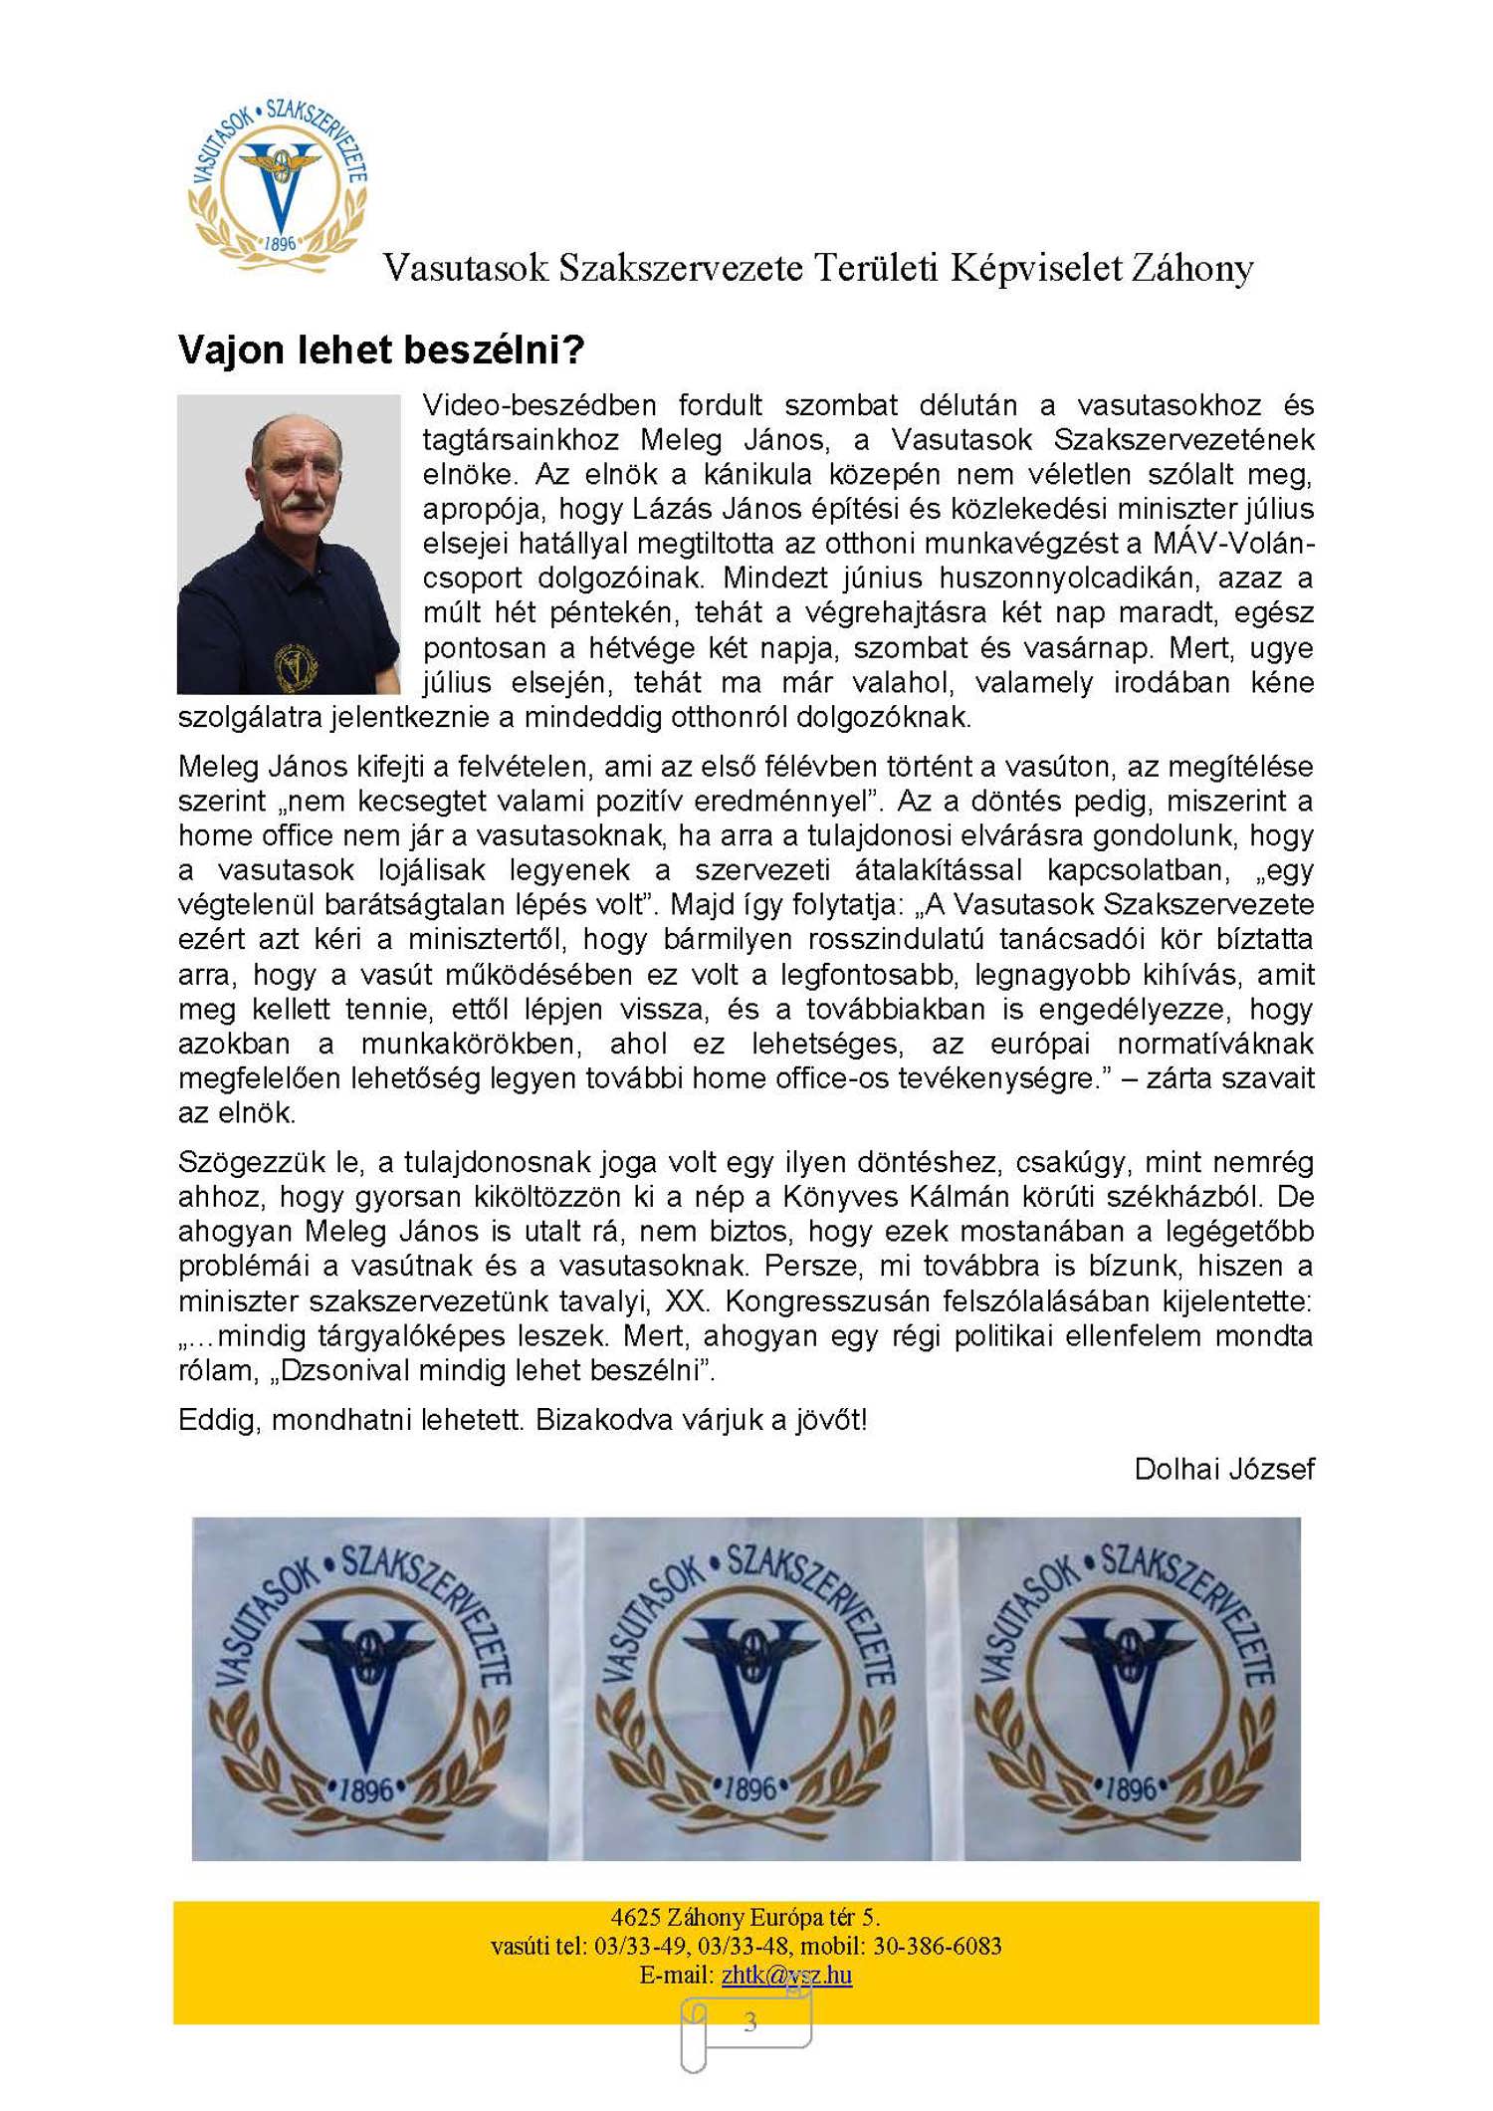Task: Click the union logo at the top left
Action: (x=278, y=184)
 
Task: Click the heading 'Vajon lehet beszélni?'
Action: (x=380, y=350)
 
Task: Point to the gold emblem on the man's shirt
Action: (x=296, y=665)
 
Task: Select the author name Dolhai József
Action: (x=1223, y=1468)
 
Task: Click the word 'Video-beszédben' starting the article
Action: (x=538, y=405)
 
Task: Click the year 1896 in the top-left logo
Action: (x=281, y=243)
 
